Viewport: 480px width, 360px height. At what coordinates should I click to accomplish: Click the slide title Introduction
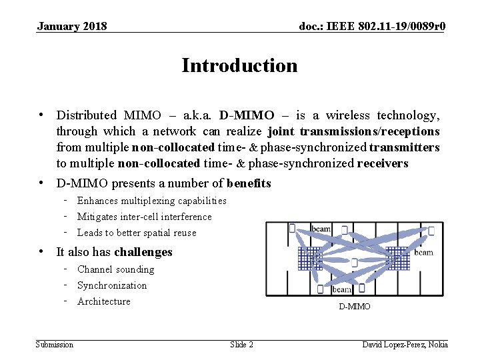click(239, 66)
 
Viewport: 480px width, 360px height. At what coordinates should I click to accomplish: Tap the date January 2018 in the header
click(72, 27)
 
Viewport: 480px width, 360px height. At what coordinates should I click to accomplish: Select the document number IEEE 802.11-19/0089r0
click(373, 27)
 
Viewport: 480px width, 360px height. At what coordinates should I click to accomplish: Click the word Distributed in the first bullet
click(86, 115)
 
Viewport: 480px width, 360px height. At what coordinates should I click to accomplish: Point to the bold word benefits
click(249, 183)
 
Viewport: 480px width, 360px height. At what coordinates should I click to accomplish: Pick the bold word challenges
click(143, 252)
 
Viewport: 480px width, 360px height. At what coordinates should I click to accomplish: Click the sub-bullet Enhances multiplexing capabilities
click(151, 201)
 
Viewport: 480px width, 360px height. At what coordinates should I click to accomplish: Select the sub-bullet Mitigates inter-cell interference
click(144, 217)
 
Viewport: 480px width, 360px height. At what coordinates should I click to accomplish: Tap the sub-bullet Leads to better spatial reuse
click(137, 233)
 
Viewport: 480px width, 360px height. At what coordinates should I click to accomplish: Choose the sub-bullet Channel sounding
click(115, 269)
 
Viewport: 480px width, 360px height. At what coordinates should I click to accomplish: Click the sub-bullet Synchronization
click(112, 285)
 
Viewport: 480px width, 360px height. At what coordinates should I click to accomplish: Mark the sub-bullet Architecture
click(104, 301)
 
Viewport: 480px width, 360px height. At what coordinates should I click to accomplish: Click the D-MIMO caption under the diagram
click(354, 307)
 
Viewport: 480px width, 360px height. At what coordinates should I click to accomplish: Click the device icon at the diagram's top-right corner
click(431, 231)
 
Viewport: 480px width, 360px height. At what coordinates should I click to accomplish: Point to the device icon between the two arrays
click(355, 262)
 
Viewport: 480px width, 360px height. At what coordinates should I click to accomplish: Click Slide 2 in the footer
click(241, 345)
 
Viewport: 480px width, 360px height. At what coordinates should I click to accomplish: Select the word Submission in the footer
click(55, 345)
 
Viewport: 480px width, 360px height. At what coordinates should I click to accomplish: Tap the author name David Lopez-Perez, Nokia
click(405, 345)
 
